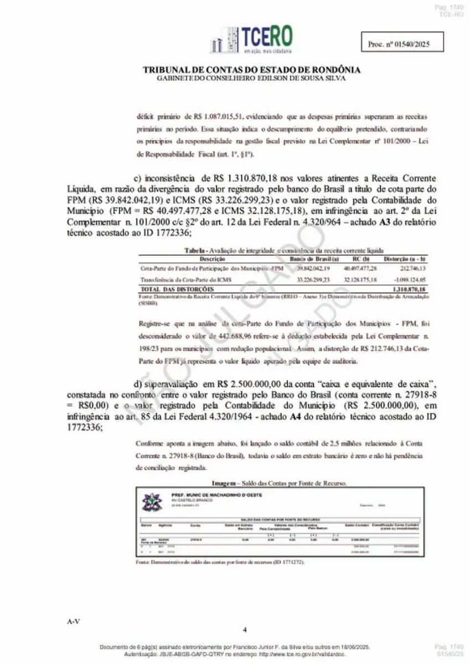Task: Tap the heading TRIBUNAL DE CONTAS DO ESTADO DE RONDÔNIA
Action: click(x=252, y=70)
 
